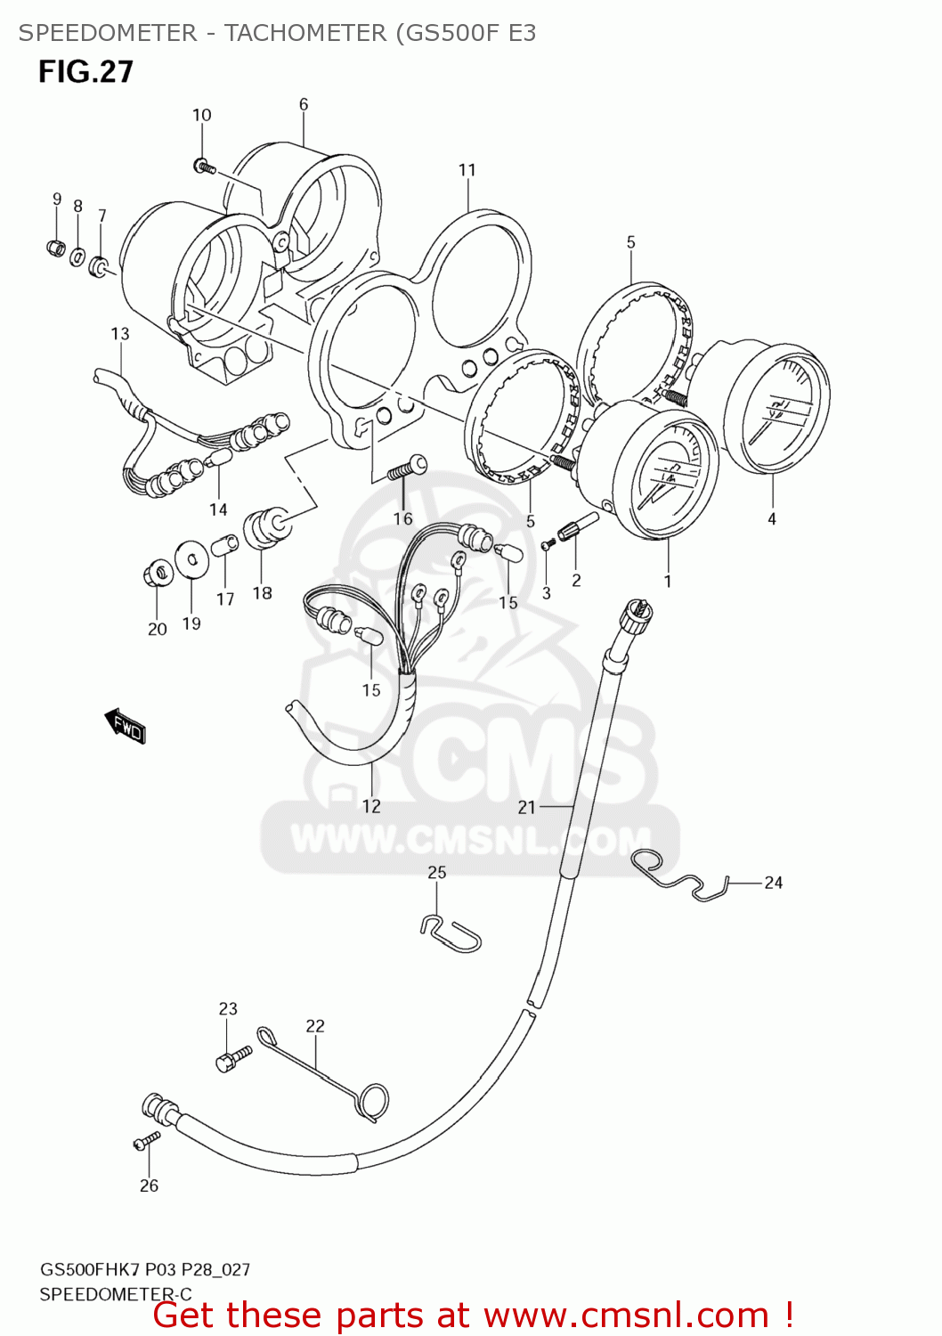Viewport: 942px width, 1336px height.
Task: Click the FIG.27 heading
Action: pos(85,71)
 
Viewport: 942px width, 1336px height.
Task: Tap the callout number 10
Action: pos(202,115)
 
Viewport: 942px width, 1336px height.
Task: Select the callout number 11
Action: pos(467,169)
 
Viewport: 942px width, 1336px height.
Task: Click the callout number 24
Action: pos(773,883)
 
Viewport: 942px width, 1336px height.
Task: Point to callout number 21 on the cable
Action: pos(527,807)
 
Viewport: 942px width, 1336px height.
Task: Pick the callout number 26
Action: pos(149,1185)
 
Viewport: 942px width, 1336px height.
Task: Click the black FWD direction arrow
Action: pos(126,725)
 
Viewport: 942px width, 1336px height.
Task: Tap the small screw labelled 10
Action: pos(205,166)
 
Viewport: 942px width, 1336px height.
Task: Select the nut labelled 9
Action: pos(55,247)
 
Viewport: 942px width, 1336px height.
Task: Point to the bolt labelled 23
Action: pos(232,1058)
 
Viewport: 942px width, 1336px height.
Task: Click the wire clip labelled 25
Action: pos(451,933)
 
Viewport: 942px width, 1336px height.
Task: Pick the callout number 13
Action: pos(120,333)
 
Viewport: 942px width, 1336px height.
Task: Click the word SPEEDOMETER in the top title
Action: pos(107,33)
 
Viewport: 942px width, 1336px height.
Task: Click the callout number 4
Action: pos(772,518)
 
